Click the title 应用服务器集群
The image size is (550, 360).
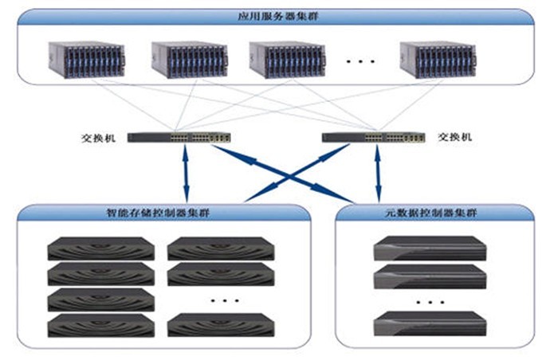point(278,17)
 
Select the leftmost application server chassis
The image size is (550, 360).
point(87,60)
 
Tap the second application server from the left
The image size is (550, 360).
point(190,60)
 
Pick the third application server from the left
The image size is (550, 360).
point(287,60)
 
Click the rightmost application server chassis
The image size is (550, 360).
point(438,60)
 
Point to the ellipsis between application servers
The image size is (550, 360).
point(360,61)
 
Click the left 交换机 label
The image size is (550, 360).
point(98,138)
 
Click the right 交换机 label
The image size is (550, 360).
point(455,137)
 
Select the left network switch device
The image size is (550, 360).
point(179,138)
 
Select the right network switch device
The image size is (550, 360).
point(374,138)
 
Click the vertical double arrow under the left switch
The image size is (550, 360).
point(186,173)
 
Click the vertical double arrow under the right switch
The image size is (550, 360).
point(378,174)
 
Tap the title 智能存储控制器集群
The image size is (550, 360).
point(158,213)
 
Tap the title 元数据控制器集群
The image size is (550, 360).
point(431,213)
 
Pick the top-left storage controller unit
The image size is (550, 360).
point(101,248)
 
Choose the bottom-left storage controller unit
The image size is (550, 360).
point(101,326)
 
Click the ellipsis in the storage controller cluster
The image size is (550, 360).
point(225,300)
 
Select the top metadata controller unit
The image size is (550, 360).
point(430,248)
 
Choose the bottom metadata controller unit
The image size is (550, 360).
point(430,323)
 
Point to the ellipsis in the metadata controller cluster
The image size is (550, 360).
point(430,302)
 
